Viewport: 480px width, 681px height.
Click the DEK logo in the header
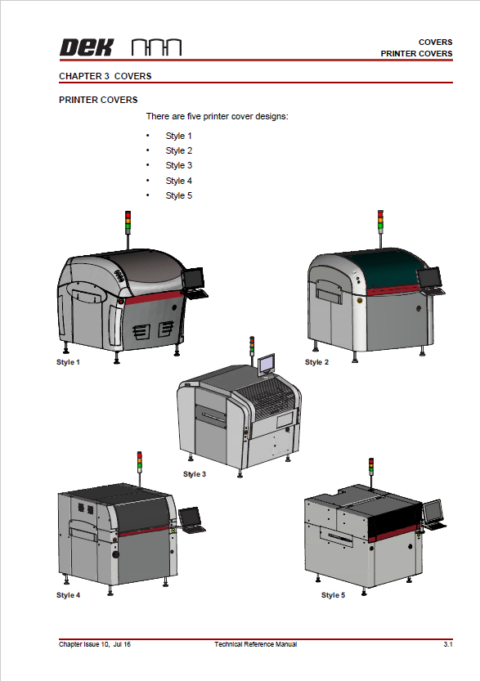click(86, 47)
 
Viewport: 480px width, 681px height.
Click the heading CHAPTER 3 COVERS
click(105, 76)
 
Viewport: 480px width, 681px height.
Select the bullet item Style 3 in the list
click(178, 166)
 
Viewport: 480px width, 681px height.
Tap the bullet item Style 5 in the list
click(178, 195)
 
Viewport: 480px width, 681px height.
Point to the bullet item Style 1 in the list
click(178, 136)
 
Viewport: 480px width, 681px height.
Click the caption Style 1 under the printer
click(68, 361)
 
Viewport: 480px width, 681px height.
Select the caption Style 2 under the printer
click(317, 361)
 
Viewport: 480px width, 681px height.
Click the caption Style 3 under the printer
click(194, 474)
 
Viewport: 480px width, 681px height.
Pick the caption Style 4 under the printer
click(68, 595)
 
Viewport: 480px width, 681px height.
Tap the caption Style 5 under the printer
click(333, 595)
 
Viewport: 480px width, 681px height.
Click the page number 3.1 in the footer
click(448, 645)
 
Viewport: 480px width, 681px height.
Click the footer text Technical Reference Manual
click(256, 645)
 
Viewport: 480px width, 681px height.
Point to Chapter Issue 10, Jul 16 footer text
click(95, 645)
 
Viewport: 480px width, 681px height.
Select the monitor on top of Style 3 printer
click(266, 364)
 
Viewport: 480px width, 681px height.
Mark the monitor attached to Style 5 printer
click(433, 512)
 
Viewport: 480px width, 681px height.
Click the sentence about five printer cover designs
click(217, 116)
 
